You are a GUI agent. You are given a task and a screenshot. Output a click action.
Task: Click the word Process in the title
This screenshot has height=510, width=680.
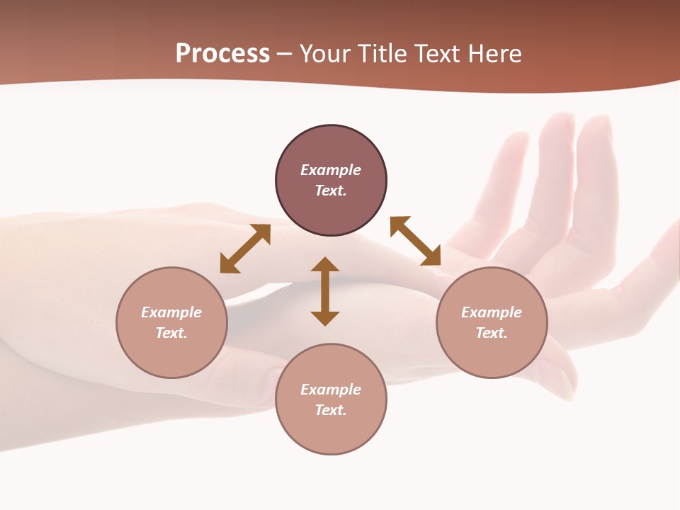click(x=222, y=54)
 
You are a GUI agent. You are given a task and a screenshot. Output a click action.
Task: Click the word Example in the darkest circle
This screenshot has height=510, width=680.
click(x=331, y=170)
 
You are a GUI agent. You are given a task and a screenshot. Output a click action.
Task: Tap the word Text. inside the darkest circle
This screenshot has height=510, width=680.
click(x=331, y=191)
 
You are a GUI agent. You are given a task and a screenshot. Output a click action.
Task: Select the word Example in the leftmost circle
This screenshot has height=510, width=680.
click(x=171, y=312)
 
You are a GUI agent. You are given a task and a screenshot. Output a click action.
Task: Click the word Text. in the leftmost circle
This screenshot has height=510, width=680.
click(x=171, y=333)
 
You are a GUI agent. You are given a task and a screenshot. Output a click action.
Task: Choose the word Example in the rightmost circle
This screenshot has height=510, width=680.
click(x=492, y=312)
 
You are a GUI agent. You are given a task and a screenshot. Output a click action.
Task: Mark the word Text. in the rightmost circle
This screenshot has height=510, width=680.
click(x=492, y=333)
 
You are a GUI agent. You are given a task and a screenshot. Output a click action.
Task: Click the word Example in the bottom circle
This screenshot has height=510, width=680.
click(x=331, y=390)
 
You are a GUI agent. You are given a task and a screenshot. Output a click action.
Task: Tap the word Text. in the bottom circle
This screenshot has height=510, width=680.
click(x=331, y=410)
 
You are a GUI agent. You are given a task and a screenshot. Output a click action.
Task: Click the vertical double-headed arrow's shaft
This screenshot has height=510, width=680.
click(x=325, y=292)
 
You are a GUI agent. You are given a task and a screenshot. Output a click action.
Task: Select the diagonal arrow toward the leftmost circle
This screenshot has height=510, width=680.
click(x=245, y=249)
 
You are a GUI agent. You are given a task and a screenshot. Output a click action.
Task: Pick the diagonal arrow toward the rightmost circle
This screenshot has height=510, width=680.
click(x=415, y=241)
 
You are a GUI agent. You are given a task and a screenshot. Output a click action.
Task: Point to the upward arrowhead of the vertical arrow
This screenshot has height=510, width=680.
click(x=325, y=264)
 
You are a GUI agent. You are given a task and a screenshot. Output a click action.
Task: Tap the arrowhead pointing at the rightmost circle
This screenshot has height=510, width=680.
click(x=431, y=256)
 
